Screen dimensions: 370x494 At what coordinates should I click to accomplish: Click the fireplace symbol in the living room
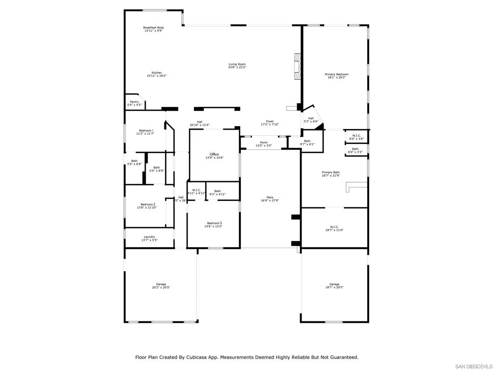tap(298, 67)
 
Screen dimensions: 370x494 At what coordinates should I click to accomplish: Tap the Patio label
tap(270, 198)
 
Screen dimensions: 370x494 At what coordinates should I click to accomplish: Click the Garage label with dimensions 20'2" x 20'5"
tap(161, 286)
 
